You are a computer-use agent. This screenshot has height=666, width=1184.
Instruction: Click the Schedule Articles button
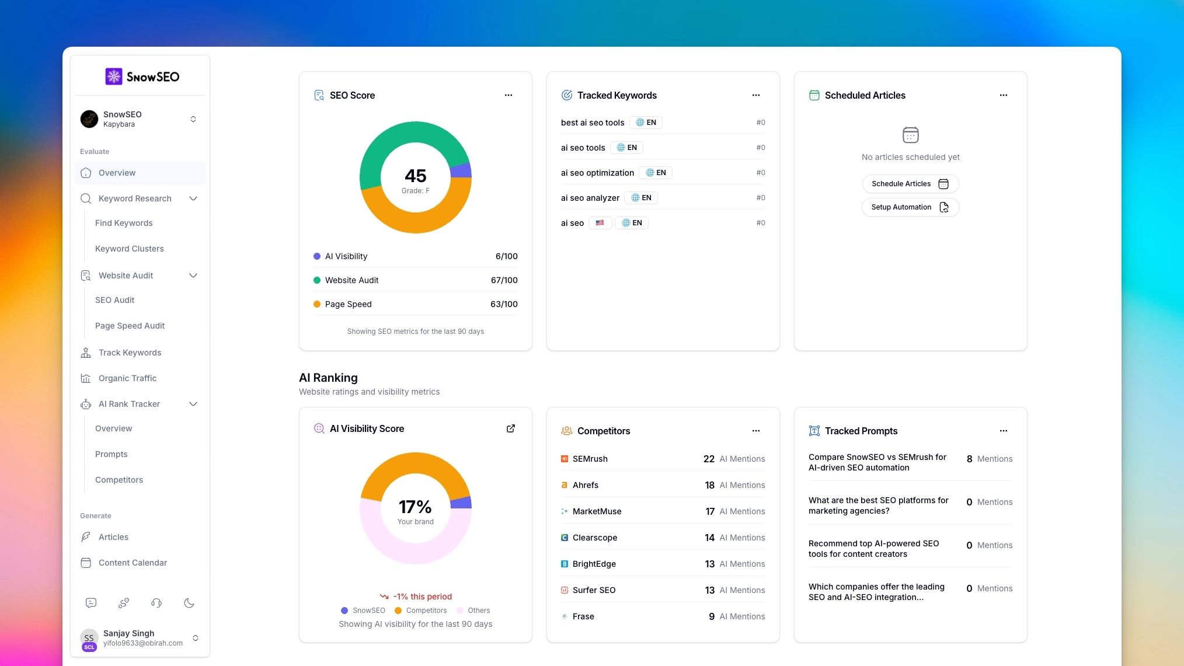pos(910,184)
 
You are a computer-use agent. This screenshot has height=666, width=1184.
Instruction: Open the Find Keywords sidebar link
pos(124,223)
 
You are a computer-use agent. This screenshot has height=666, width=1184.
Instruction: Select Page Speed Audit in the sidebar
pos(130,326)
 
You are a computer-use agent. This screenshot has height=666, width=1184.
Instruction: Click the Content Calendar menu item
pos(133,563)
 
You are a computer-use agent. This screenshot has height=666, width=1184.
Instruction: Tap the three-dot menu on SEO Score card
pos(508,95)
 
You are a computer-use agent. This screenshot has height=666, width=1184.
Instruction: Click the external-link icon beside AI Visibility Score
pos(510,428)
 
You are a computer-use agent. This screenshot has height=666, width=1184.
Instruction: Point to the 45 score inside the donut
pos(415,176)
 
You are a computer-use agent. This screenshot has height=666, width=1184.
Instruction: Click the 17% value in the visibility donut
pos(415,507)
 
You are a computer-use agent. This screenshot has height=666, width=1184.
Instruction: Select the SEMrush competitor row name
pos(590,459)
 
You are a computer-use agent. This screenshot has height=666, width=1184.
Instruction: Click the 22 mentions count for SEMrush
pos(709,459)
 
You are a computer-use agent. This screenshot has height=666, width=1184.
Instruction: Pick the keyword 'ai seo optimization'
pos(597,173)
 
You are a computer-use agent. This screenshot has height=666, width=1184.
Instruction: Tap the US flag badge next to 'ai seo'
pos(600,223)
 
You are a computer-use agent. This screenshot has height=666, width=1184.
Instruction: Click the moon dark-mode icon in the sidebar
pos(189,603)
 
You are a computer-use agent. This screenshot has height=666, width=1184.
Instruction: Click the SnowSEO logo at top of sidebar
pos(142,76)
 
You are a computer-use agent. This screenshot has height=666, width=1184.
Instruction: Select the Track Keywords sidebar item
pos(130,353)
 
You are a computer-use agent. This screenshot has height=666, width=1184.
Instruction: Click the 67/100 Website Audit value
pos(504,280)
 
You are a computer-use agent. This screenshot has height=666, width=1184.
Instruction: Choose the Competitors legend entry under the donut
pos(426,611)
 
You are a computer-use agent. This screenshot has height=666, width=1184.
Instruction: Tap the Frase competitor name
pos(583,616)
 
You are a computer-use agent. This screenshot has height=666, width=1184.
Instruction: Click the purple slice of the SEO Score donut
pos(461,170)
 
